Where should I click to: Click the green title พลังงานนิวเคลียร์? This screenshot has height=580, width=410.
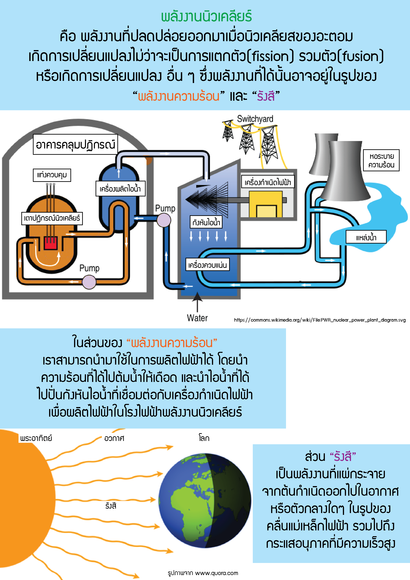tap(206, 16)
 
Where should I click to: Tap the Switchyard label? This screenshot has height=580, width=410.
tap(255, 119)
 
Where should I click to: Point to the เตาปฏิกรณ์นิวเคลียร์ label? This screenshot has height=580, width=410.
tap(52, 218)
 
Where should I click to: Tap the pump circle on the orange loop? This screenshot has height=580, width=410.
tap(89, 282)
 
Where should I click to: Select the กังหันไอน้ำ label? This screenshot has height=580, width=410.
tap(206, 222)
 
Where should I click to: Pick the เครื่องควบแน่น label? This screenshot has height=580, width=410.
tap(208, 265)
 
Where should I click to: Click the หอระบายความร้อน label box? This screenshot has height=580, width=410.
tap(381, 160)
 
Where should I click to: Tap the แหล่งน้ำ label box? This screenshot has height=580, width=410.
tap(366, 237)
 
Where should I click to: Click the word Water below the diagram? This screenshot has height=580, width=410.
tap(197, 318)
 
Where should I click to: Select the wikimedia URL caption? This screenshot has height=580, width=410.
tap(320, 320)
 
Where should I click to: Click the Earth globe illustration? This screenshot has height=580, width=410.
tap(205, 500)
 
